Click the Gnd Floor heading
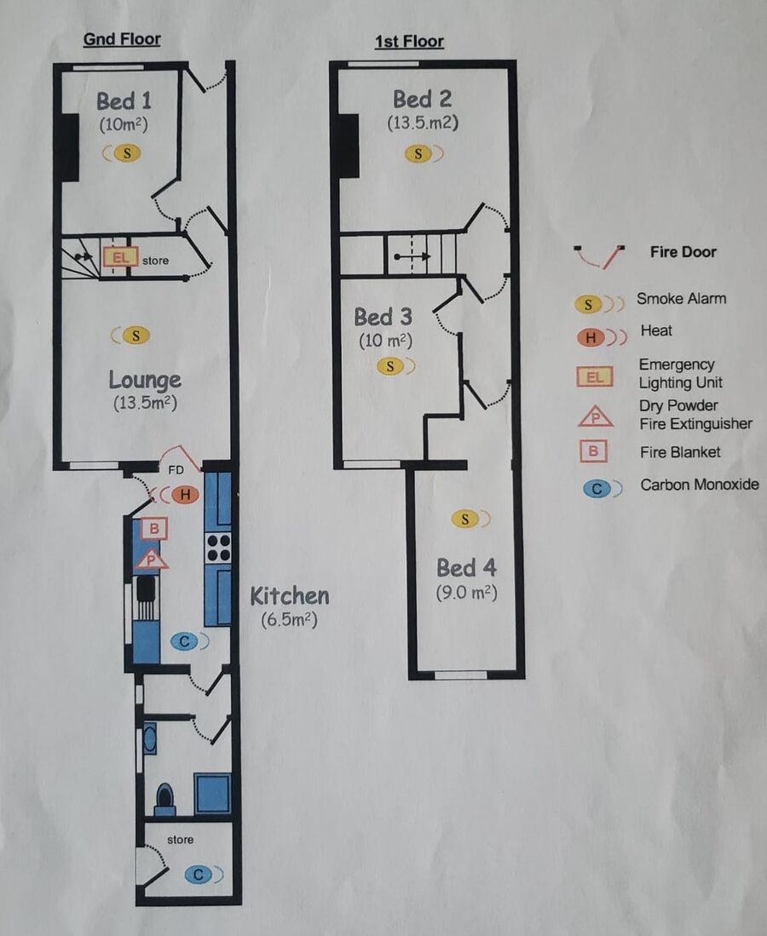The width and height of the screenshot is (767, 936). (x=122, y=39)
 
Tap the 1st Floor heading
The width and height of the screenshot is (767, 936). (x=409, y=41)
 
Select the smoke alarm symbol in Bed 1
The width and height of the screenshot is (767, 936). (x=123, y=153)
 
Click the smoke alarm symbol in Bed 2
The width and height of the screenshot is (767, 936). (x=424, y=154)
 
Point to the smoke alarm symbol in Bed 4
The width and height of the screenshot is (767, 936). (x=470, y=520)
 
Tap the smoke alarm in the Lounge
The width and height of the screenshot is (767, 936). (x=131, y=336)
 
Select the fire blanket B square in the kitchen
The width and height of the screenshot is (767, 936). (x=154, y=528)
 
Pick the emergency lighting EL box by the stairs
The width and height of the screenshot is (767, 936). (x=120, y=258)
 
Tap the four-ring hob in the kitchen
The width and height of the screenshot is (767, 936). (x=218, y=548)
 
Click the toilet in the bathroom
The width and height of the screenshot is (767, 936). (x=164, y=799)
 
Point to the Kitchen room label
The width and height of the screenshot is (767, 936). (x=289, y=595)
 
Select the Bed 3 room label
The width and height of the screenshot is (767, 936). (x=383, y=317)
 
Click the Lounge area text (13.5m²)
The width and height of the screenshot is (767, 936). (x=145, y=402)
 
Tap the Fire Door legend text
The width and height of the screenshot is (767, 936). (x=683, y=252)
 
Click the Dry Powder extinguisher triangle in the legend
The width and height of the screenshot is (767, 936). (x=595, y=417)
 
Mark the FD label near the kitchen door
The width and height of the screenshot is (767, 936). (x=176, y=470)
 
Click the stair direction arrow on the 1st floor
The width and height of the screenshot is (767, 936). (x=412, y=256)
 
